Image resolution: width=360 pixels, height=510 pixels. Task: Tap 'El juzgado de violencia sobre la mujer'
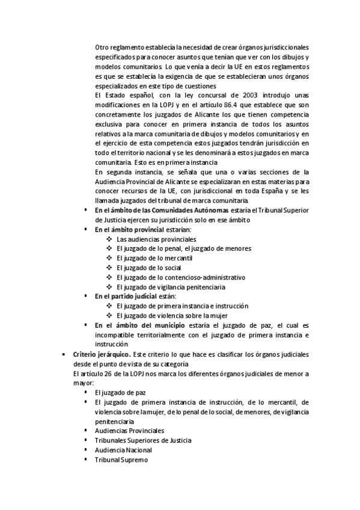pyautogui.click(x=171, y=316)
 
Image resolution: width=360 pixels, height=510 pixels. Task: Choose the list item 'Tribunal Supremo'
pyautogui.click(x=121, y=459)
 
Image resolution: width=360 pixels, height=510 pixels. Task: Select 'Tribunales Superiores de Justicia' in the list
pyautogui.click(x=143, y=440)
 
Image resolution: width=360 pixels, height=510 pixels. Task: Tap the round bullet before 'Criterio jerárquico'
pyautogui.click(x=64, y=355)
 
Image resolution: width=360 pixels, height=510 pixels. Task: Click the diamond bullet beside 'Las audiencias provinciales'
pyautogui.click(x=109, y=239)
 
